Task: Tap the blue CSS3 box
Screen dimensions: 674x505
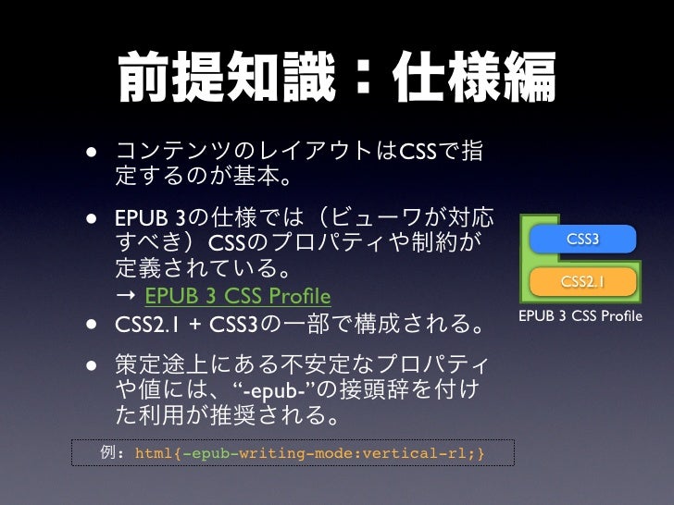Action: coord(582,240)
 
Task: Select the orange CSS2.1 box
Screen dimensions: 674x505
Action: coord(582,281)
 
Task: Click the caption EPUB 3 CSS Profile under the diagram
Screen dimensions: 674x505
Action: coord(580,317)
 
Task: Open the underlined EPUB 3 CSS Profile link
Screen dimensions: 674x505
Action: coord(238,297)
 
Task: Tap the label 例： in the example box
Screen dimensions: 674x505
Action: coord(113,453)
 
